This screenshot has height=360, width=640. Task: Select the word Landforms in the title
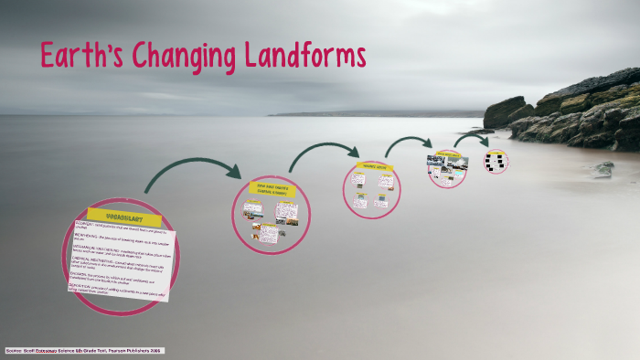pos(306,57)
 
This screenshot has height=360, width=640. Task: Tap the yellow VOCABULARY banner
pos(124,217)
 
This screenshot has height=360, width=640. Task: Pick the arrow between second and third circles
pos(324,152)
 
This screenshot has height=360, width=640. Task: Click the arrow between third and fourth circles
pos(408,143)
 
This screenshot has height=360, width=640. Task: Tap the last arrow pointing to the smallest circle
pos(473,138)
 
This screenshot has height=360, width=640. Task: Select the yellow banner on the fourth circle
pos(447,154)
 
